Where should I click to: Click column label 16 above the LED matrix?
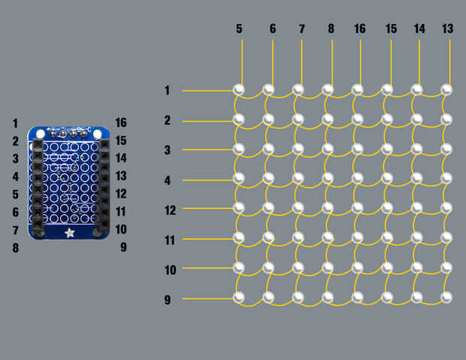click(360, 29)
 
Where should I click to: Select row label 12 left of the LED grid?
click(170, 210)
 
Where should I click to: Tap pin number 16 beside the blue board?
click(121, 123)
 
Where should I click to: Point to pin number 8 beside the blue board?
click(16, 247)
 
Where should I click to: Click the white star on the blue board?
click(70, 233)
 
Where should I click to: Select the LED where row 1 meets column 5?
click(239, 89)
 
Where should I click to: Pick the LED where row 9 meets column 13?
click(446, 297)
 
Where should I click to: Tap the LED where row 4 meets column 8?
click(328, 178)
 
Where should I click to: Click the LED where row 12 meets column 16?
click(357, 207)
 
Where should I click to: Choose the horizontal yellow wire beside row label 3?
click(208, 150)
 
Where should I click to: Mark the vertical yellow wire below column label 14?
click(419, 62)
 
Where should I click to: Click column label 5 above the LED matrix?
click(239, 29)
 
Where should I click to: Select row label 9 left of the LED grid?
click(168, 300)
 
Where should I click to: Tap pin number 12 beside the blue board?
click(121, 194)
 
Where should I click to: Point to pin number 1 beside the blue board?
click(15, 123)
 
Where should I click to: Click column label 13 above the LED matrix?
click(447, 29)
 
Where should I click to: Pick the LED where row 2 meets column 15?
click(387, 119)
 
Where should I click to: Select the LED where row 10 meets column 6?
click(268, 268)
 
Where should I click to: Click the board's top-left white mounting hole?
click(41, 135)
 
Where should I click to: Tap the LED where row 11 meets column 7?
click(298, 237)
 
